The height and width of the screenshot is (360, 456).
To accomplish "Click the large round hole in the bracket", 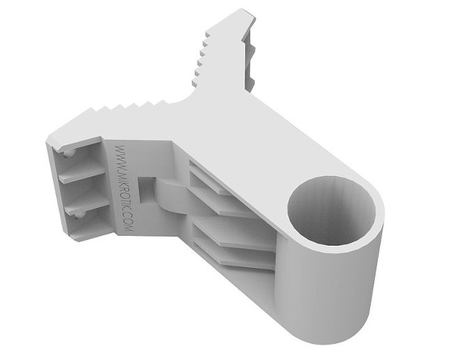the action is [x=332, y=211].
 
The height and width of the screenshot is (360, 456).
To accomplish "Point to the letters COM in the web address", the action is [x=128, y=225].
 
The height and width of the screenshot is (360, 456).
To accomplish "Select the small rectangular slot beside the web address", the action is [x=145, y=190].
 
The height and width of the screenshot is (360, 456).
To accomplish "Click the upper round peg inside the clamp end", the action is [x=68, y=153].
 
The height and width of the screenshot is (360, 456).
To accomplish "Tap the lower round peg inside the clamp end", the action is [x=78, y=216].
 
